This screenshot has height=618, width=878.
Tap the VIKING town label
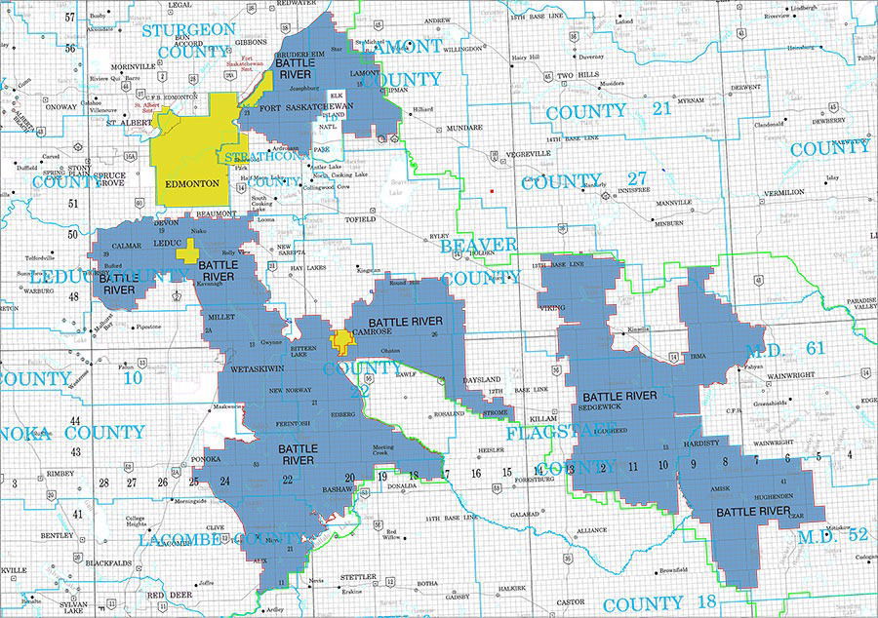551,308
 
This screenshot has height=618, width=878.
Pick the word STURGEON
190,30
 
